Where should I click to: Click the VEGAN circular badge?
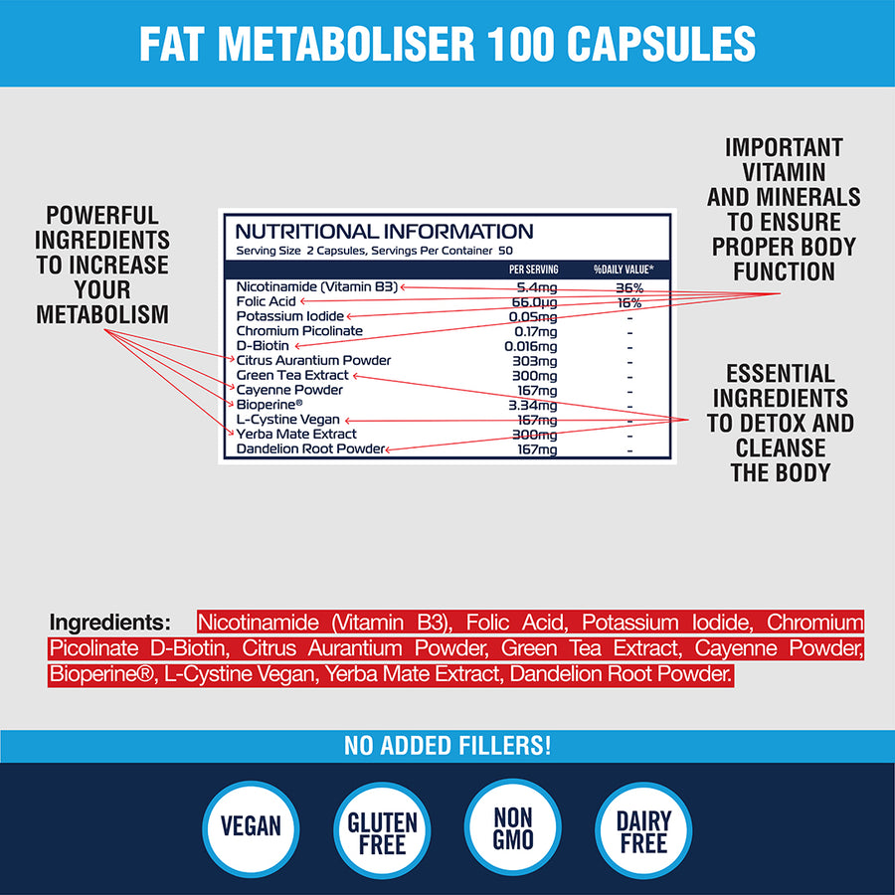tap(251, 827)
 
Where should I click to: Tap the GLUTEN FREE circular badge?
tap(382, 833)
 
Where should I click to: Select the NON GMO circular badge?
tap(513, 827)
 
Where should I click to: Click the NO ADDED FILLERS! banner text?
tap(447, 745)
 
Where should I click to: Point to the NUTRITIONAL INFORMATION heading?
tap(384, 232)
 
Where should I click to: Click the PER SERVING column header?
tap(533, 269)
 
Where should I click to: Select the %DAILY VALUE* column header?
tap(624, 269)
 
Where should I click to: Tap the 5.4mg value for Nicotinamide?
tap(537, 287)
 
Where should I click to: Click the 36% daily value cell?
tap(628, 287)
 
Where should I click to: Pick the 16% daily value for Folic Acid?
tap(628, 302)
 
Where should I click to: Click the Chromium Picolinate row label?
tap(299, 331)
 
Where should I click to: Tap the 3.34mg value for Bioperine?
tap(536, 406)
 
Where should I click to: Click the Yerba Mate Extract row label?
tap(296, 435)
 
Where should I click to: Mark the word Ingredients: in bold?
tap(110, 624)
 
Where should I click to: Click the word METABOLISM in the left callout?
tap(102, 315)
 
